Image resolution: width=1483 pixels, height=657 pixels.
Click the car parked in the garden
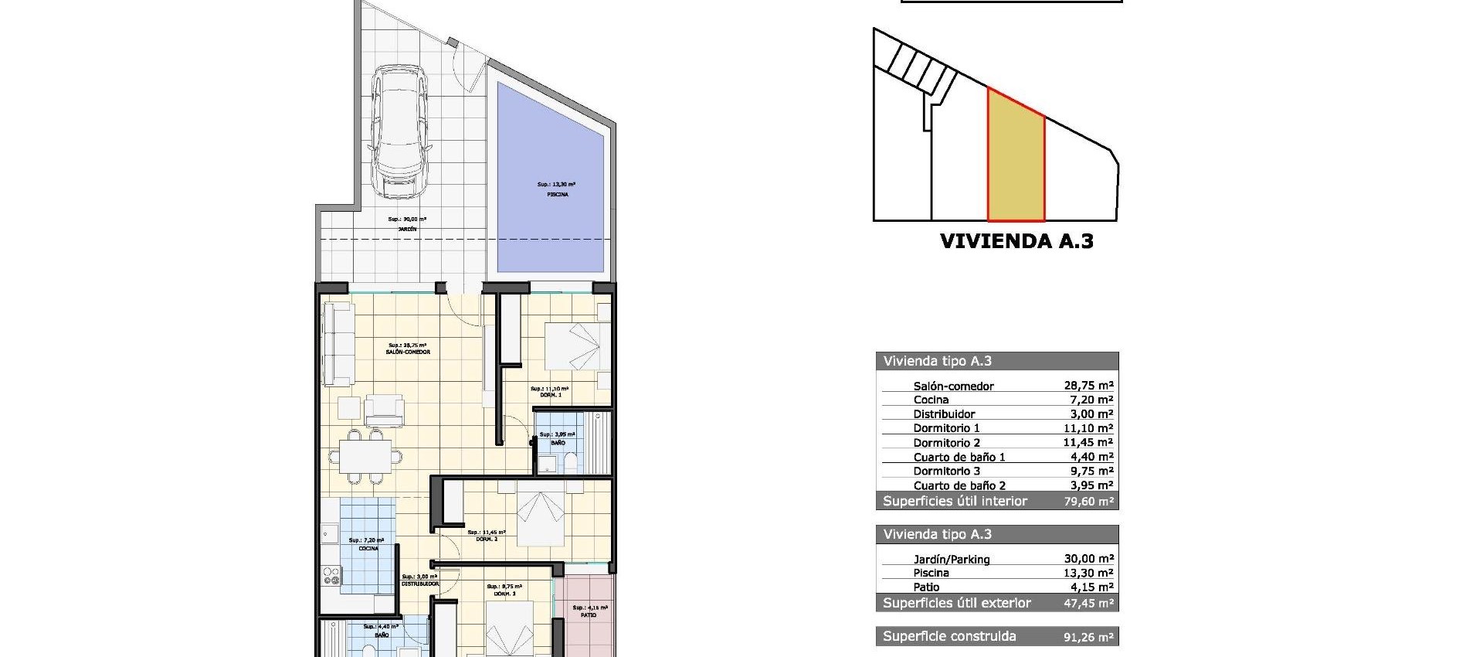[x=398, y=131]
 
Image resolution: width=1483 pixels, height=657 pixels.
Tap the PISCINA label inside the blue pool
[x=557, y=195]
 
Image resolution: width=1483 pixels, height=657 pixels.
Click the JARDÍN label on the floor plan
[x=407, y=230]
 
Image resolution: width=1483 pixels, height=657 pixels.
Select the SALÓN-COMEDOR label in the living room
[x=408, y=352]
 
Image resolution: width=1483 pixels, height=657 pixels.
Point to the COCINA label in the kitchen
[x=368, y=549]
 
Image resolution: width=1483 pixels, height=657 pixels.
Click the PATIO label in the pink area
[x=589, y=615]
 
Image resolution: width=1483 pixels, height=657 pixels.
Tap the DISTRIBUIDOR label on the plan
[x=420, y=584]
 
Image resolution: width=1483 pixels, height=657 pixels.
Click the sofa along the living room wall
[x=338, y=344]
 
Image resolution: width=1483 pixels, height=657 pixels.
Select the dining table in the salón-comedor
[x=365, y=457]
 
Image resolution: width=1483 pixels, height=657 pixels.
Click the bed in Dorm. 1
[x=574, y=346]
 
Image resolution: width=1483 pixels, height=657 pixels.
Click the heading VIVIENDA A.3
[x=1016, y=241]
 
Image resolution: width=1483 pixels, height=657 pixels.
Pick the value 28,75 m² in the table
[x=1088, y=386]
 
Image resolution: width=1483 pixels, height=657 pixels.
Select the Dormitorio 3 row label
[x=946, y=471]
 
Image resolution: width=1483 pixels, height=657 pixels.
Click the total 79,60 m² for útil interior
[x=1088, y=502]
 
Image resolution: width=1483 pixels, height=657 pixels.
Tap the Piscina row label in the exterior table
[x=931, y=574]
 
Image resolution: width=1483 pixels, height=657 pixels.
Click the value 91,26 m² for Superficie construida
[x=1088, y=638]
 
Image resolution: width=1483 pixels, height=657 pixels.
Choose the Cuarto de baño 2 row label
[x=959, y=486]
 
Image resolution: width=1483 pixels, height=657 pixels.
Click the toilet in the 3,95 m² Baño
[x=571, y=463]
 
